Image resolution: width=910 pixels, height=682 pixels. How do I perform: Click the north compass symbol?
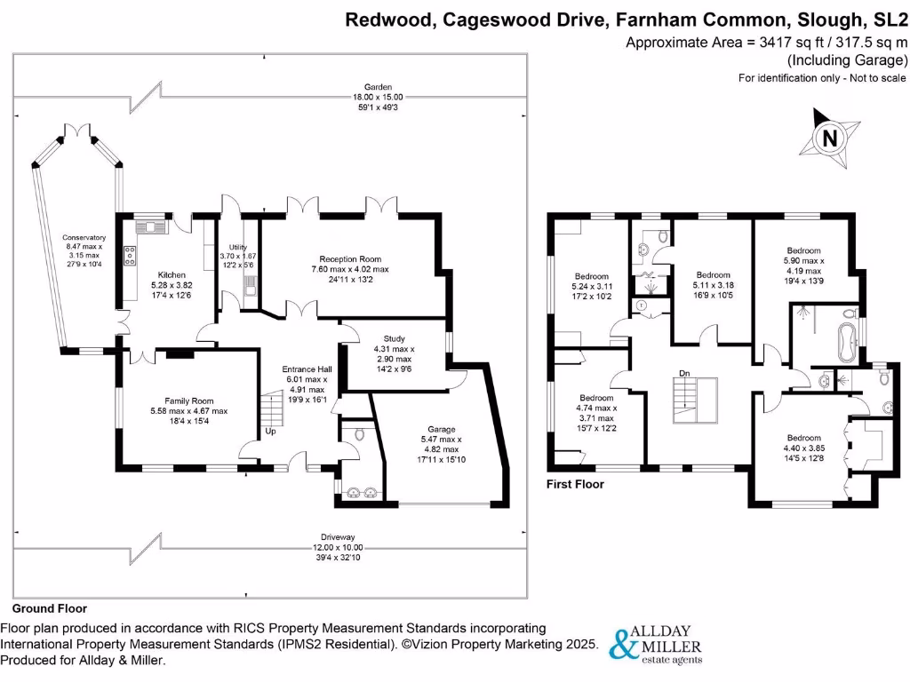point(829,139)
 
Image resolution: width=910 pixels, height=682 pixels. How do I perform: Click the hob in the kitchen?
point(130,256)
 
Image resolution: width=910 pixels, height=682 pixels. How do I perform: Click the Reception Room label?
point(349,269)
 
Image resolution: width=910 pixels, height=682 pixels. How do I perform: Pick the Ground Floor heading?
point(49,609)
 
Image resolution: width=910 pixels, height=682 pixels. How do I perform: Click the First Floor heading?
point(576,485)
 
